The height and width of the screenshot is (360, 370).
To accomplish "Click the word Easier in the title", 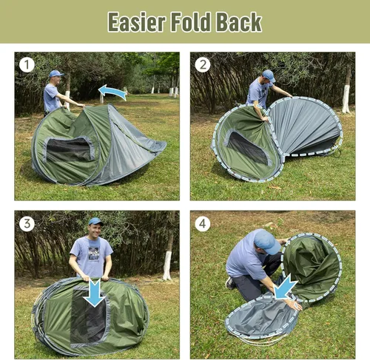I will [137, 21].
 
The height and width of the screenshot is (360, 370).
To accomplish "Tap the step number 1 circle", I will [27, 64].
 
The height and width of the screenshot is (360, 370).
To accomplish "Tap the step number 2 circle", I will [202, 64].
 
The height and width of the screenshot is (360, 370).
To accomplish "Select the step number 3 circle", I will [27, 223].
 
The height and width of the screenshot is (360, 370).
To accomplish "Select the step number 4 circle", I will [202, 223].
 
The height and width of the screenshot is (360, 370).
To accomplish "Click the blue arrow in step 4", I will [285, 287].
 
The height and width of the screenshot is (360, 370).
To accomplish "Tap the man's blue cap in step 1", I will [55, 74].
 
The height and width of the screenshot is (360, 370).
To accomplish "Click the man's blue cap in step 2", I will [268, 75].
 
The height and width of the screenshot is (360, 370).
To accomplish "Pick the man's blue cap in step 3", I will [95, 221].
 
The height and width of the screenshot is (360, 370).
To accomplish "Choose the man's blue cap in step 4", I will [266, 241].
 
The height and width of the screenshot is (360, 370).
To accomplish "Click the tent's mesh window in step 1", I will [69, 149].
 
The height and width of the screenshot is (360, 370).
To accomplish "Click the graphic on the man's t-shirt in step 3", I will [92, 251].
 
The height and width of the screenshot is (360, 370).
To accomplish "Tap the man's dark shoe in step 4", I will [231, 283].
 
